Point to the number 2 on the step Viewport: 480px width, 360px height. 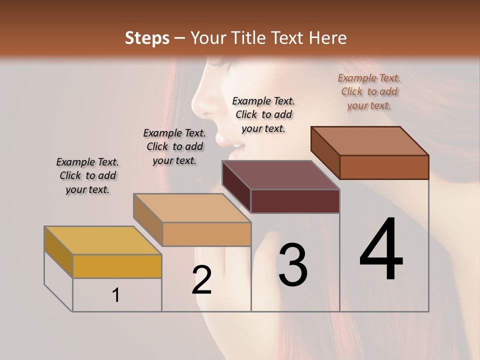201,280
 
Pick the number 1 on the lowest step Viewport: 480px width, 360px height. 116,295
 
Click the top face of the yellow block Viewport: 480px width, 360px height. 102,240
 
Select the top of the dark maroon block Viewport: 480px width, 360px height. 280,175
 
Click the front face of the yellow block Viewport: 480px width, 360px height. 117,266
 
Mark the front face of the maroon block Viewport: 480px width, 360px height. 295,201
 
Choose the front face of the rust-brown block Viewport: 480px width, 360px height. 384,167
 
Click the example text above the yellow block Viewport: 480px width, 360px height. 87,175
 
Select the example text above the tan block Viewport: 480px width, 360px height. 174,146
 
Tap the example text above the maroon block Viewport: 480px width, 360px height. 263,114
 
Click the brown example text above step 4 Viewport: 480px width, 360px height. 369,91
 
